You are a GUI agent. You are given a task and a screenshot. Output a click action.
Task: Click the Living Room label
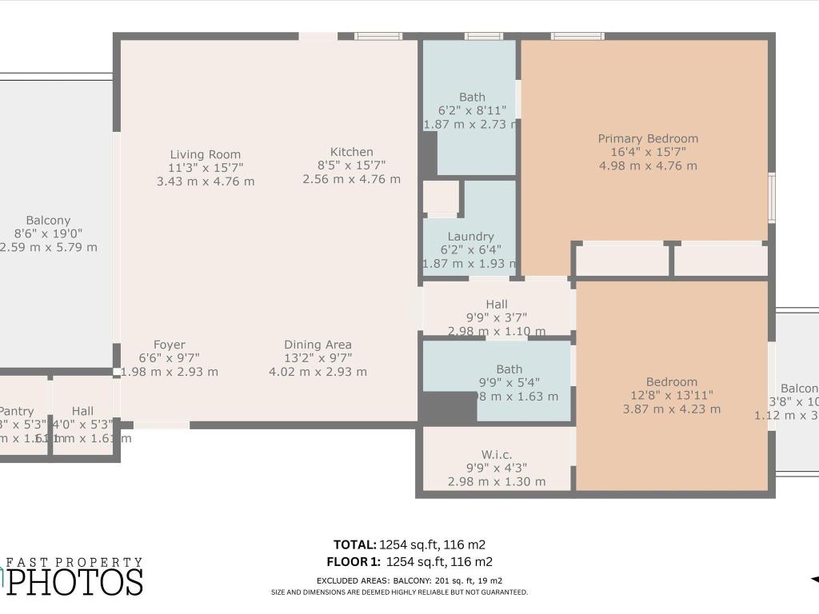tap(205, 154)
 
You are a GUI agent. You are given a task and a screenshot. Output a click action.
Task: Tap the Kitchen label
tap(351, 152)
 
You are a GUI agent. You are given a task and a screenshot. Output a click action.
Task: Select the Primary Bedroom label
tap(648, 138)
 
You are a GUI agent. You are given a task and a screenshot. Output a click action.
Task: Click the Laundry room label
tap(470, 237)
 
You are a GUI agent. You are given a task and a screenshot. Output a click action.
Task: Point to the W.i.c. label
tap(497, 454)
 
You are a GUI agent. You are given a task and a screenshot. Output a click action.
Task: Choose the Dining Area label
tap(318, 345)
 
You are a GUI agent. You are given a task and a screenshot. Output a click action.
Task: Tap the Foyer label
tap(169, 345)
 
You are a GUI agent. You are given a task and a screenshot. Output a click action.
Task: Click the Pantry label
tap(17, 411)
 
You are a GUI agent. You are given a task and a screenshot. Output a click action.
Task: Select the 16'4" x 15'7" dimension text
tap(648, 152)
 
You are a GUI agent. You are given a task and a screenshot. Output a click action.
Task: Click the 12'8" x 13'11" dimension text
tap(672, 395)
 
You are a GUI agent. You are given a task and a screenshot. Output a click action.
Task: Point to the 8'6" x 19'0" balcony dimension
tap(48, 233)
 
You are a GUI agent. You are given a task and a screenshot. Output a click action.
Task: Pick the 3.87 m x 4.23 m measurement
tap(672, 409)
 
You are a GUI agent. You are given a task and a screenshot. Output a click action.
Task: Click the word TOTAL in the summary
tap(354, 544)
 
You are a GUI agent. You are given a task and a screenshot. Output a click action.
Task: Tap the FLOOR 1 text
tap(351, 561)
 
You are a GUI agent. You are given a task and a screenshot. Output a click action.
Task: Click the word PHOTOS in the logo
tap(76, 581)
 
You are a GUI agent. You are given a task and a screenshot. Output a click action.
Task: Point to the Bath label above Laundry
tap(472, 98)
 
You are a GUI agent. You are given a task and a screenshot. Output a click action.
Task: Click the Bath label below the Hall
tap(509, 369)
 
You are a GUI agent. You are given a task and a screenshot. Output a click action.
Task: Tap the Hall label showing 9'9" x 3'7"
tap(497, 305)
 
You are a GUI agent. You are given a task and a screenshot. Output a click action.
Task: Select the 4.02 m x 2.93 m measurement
tap(318, 372)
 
